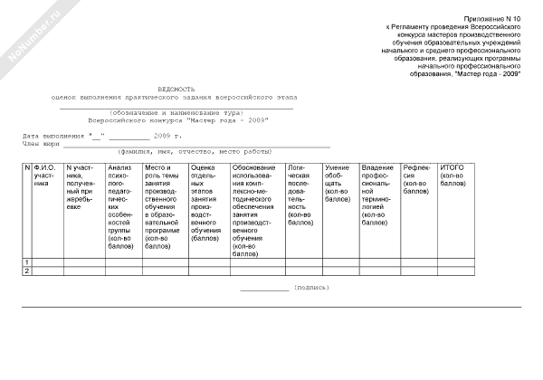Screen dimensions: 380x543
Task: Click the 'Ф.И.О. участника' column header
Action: [x=46, y=176]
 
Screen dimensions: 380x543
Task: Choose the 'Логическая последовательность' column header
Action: [x=301, y=194]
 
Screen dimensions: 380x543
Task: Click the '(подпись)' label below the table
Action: [x=312, y=287]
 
